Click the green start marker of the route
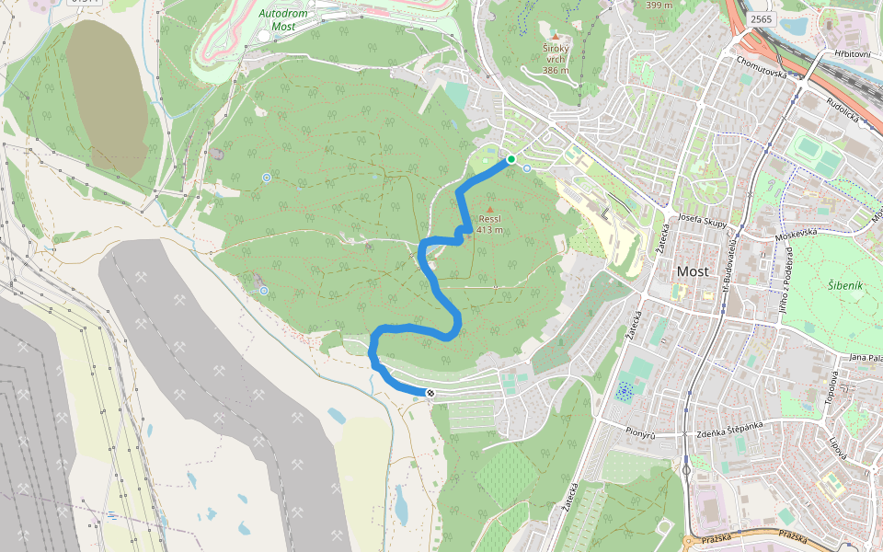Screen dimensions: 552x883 pyautogui.click(x=510, y=159)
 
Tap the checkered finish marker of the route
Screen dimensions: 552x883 pyautogui.click(x=430, y=393)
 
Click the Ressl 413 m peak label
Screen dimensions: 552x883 pyautogui.click(x=489, y=224)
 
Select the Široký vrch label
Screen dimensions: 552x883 pyautogui.click(x=556, y=59)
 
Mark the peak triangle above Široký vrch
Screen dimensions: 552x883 pyautogui.click(x=556, y=37)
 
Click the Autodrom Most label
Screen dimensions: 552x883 pyautogui.click(x=283, y=19)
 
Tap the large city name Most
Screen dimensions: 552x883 pyautogui.click(x=693, y=271)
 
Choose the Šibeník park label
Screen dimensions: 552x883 pyautogui.click(x=844, y=286)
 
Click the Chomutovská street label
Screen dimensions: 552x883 pyautogui.click(x=762, y=66)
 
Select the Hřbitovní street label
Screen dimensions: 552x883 pyautogui.click(x=852, y=54)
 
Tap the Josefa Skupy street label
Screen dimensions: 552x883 pyautogui.click(x=703, y=222)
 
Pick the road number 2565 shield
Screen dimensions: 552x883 pyautogui.click(x=761, y=19)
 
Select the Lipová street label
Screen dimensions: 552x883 pyautogui.click(x=837, y=445)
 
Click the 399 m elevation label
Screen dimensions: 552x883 pyautogui.click(x=659, y=5)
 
